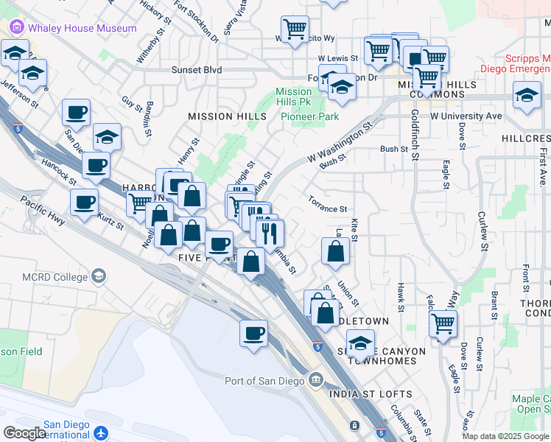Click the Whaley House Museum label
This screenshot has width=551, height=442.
(82, 28)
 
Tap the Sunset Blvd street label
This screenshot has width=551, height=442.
(197, 70)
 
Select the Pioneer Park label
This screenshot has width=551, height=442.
(309, 116)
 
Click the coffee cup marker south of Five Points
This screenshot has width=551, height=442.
(253, 333)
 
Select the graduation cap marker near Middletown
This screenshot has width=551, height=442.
(360, 344)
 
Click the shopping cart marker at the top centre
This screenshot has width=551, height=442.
(295, 29)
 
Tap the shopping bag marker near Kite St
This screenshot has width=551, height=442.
(335, 251)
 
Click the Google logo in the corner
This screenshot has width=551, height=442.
(24, 432)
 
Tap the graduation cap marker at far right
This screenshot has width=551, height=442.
(527, 97)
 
